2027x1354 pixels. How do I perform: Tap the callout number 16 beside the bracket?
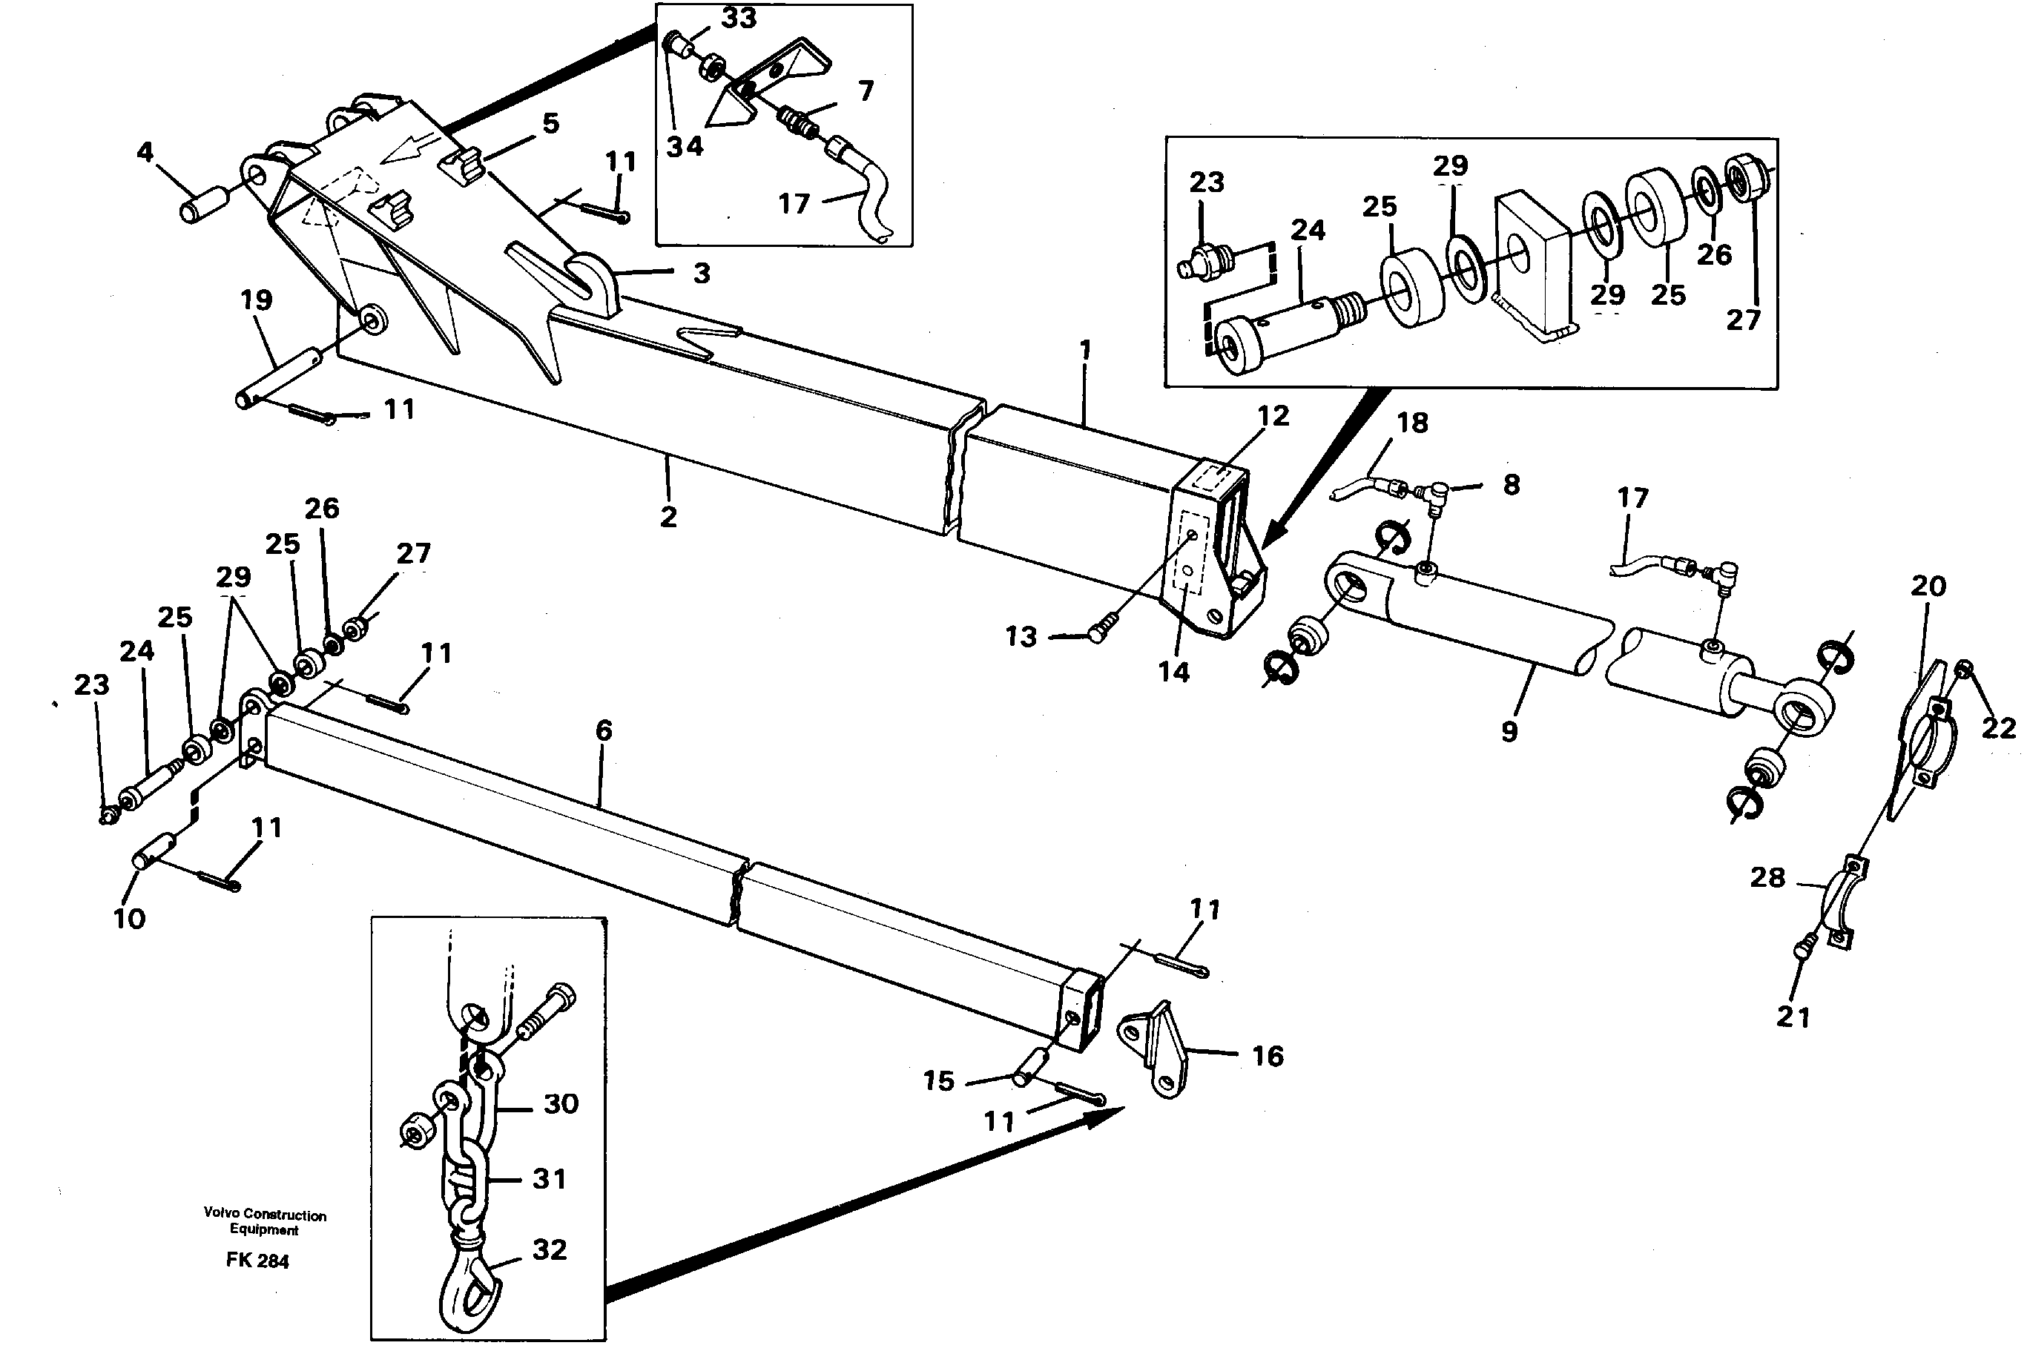(1267, 1056)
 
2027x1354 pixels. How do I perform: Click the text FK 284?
(257, 1261)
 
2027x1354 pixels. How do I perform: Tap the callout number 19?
(257, 300)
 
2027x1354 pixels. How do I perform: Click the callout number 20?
(1928, 587)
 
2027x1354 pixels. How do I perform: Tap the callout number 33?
(739, 18)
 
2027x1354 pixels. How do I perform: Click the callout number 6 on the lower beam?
(604, 730)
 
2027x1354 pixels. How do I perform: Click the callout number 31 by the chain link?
(550, 1179)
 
